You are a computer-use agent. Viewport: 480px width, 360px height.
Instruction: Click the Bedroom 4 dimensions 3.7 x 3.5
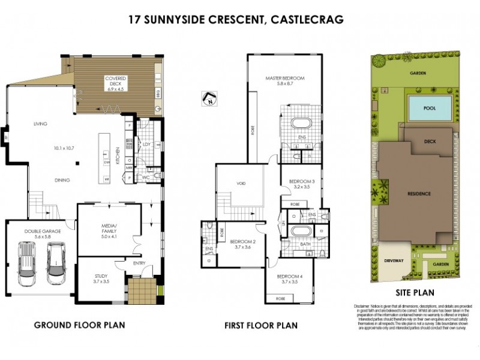tap(288, 281)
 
